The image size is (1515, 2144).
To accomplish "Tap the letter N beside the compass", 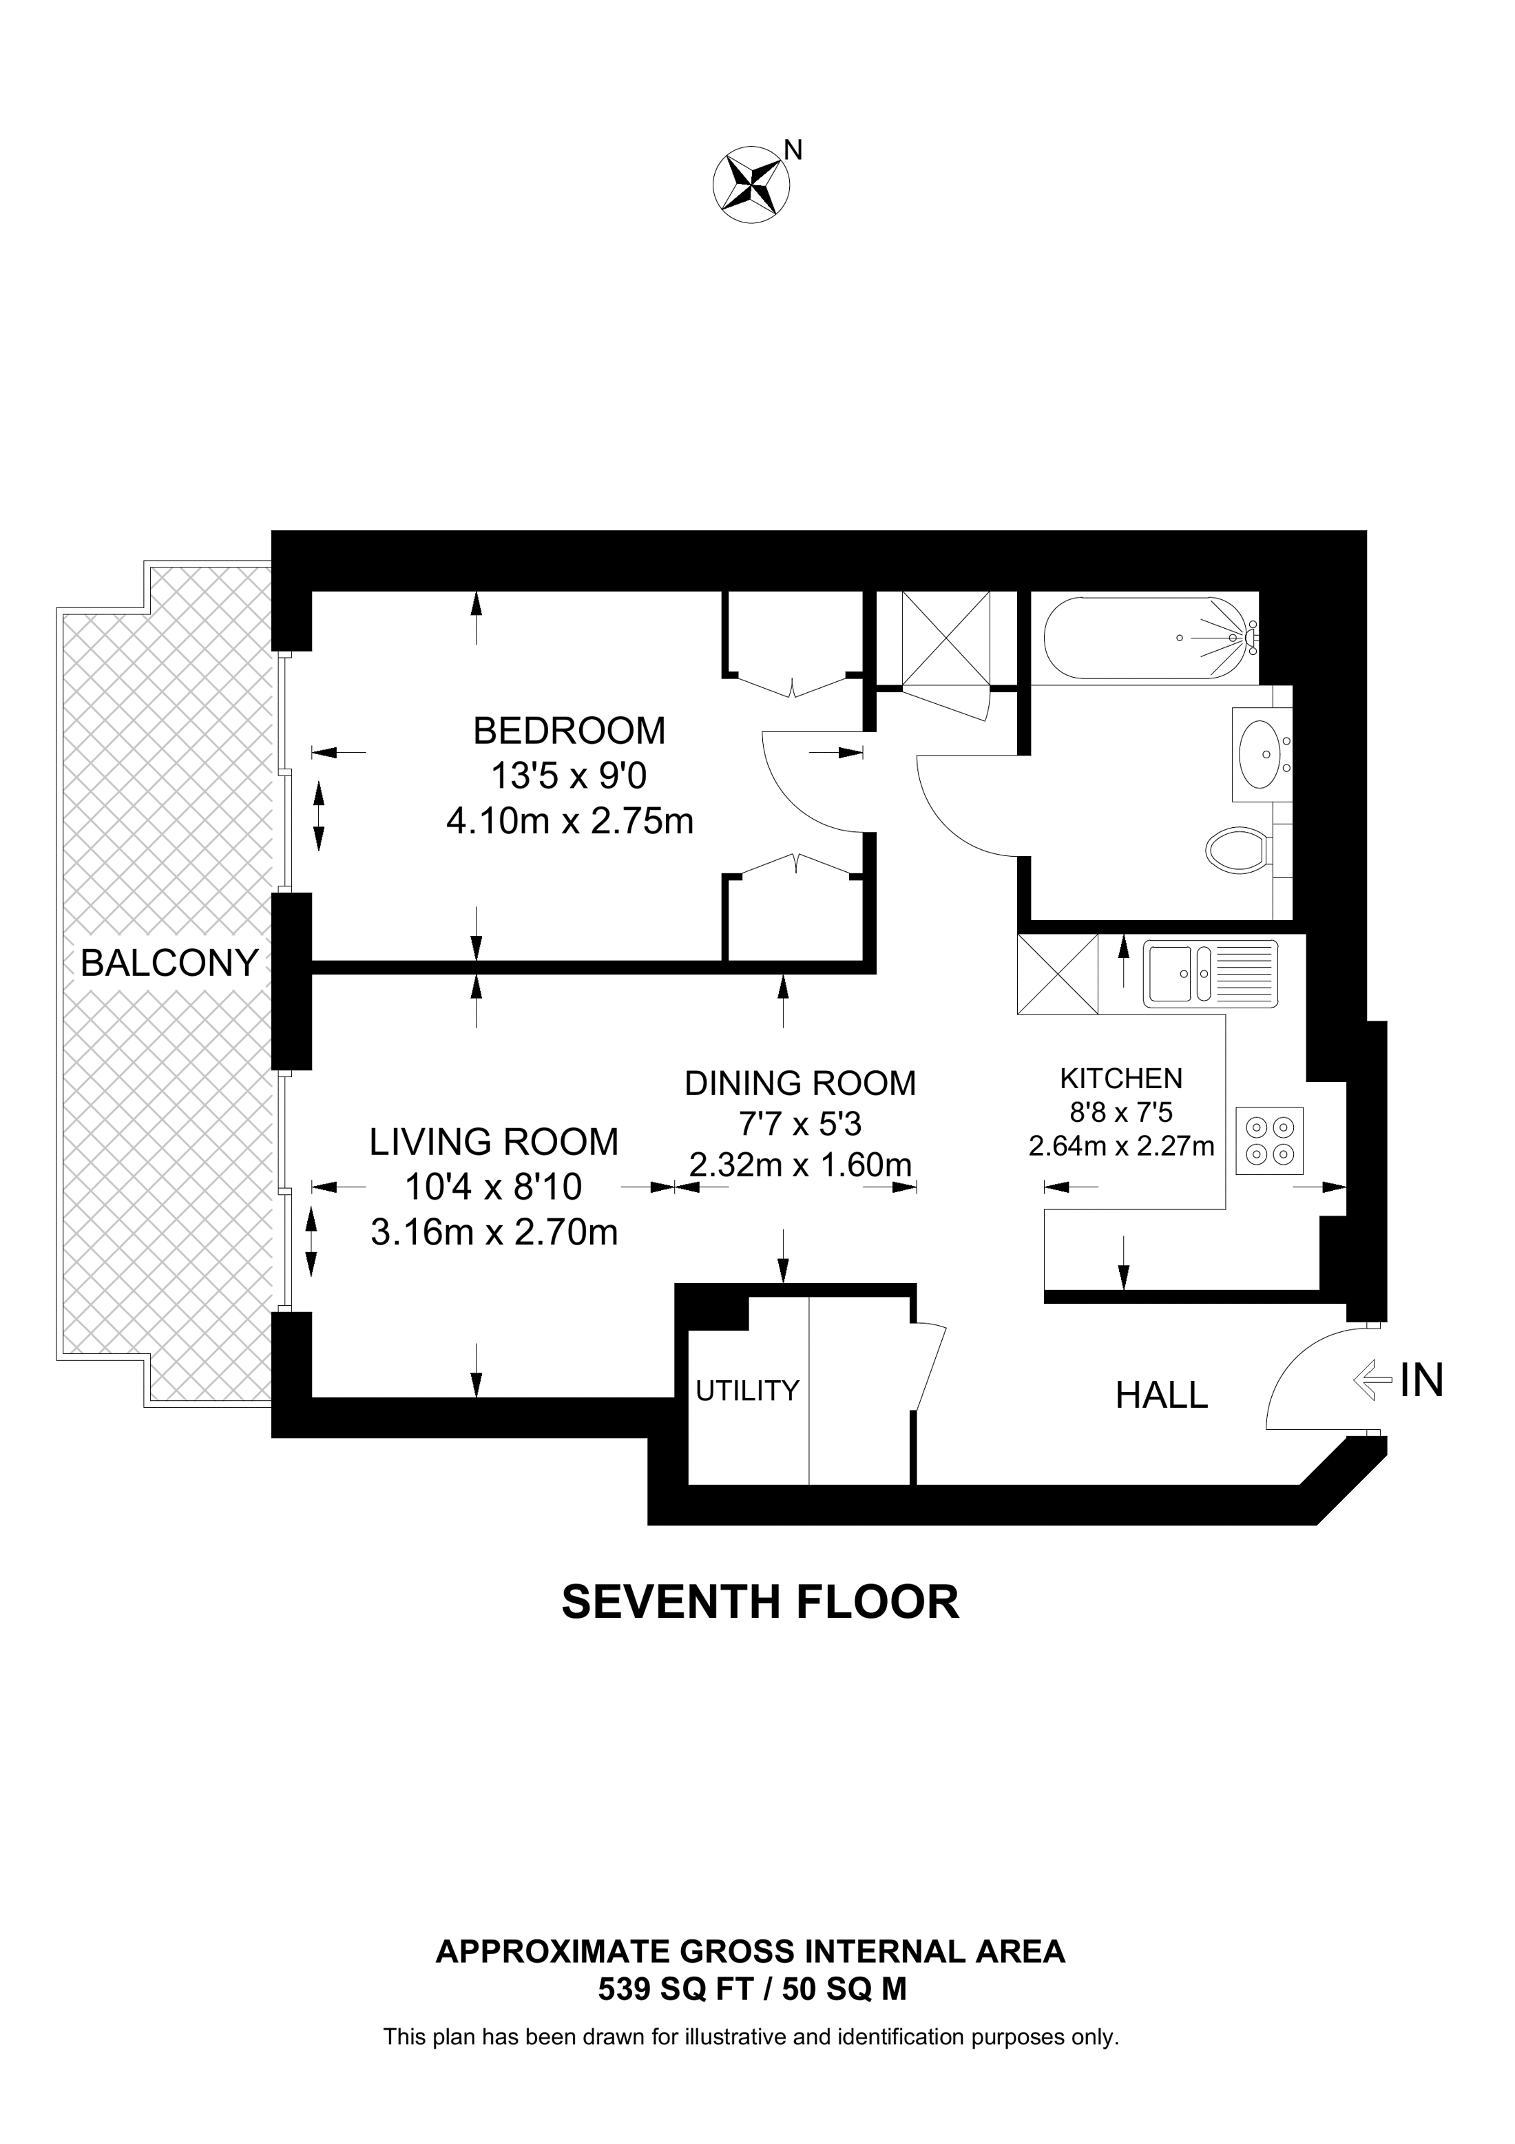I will tap(793, 149).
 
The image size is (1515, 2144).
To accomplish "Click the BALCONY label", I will tap(169, 963).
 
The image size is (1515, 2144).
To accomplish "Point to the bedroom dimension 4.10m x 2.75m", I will tap(570, 821).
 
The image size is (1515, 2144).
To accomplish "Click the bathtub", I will tap(1148, 638).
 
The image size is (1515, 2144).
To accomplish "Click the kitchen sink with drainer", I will tap(1211, 974).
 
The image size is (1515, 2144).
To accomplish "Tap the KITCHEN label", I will tap(1120, 1079).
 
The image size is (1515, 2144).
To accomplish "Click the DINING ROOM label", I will tap(800, 1083).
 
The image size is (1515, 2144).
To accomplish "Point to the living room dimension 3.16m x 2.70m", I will tap(494, 1233).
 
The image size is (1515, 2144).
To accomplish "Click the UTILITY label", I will tap(746, 1391).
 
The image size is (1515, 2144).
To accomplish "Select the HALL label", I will tap(1161, 1395).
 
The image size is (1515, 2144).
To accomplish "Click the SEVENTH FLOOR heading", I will tap(760, 1603).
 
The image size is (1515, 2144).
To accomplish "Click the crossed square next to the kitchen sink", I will tap(1058, 974).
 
